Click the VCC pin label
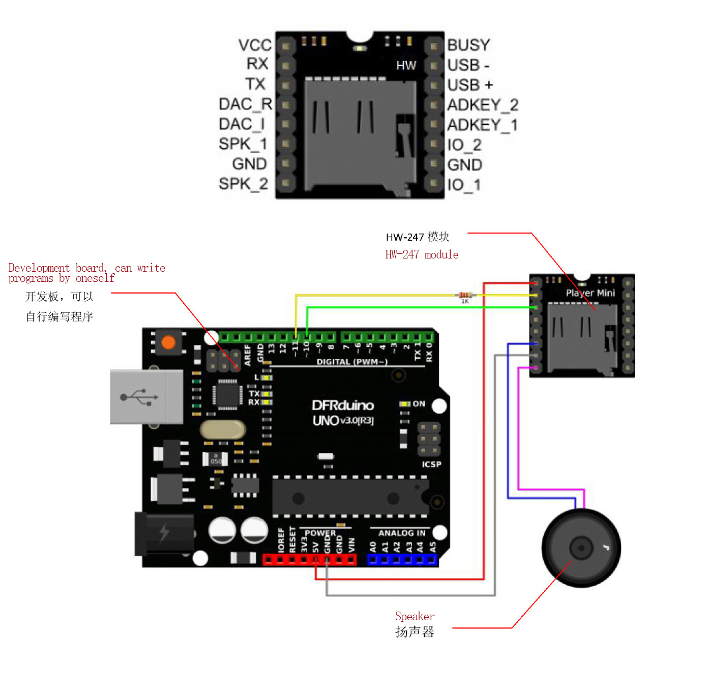pyautogui.click(x=255, y=45)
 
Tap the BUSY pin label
pyautogui.click(x=468, y=45)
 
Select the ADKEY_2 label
pyautogui.click(x=483, y=105)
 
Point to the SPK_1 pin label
pyautogui.click(x=243, y=144)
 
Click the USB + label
pyautogui.click(x=469, y=85)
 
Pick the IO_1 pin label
pyautogui.click(x=464, y=185)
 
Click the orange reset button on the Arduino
pyautogui.click(x=168, y=342)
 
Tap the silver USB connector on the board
pyautogui.click(x=146, y=397)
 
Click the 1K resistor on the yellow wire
pyautogui.click(x=465, y=295)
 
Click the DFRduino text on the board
pyautogui.click(x=342, y=405)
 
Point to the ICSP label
pyautogui.click(x=431, y=465)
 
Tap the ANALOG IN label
pyautogui.click(x=402, y=533)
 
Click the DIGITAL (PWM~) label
pyautogui.click(x=352, y=362)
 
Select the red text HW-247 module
pyautogui.click(x=422, y=254)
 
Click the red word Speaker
pyautogui.click(x=415, y=616)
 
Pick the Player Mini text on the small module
pyautogui.click(x=590, y=293)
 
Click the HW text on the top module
pyautogui.click(x=406, y=66)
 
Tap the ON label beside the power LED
pyautogui.click(x=419, y=403)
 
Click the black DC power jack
pyautogui.click(x=164, y=534)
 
